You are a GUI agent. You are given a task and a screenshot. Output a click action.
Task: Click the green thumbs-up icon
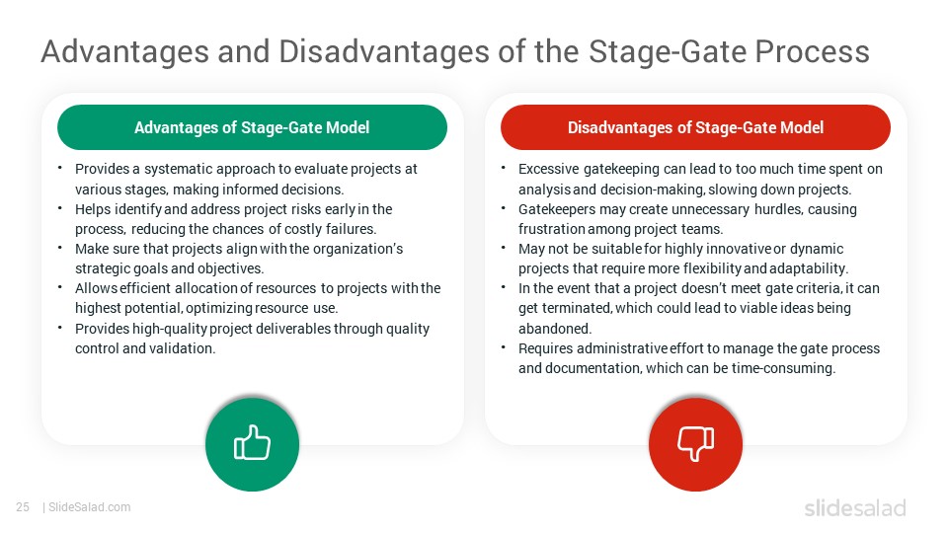coord(252,446)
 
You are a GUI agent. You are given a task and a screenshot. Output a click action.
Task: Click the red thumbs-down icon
coord(695,446)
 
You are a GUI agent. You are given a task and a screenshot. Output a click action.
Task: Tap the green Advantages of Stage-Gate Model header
coord(252,127)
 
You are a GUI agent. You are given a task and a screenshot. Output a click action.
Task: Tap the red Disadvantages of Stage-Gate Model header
coord(695,127)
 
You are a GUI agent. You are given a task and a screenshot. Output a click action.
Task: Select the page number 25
coord(22,507)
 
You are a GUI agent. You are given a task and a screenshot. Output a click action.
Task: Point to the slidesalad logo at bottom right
coord(854,508)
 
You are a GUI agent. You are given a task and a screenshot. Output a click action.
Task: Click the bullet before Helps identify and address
coord(61,208)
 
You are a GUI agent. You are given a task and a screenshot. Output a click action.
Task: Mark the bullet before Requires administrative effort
coord(505,347)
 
